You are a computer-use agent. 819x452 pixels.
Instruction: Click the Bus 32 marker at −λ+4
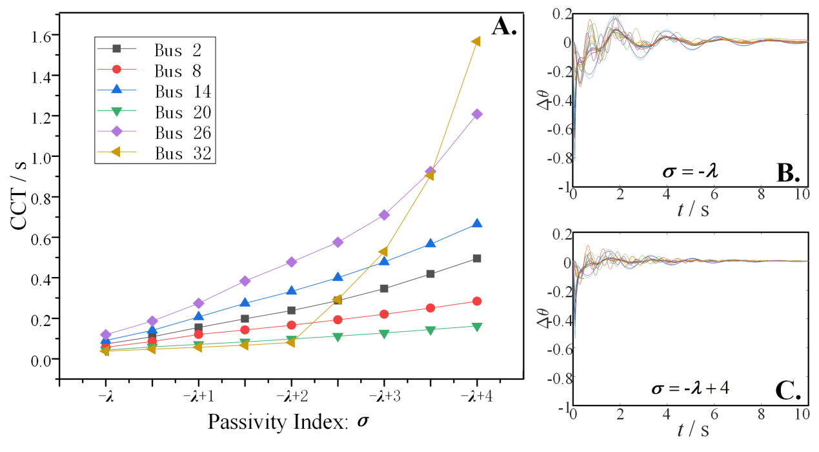click(476, 41)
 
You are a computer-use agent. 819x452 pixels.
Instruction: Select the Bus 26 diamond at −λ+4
click(477, 114)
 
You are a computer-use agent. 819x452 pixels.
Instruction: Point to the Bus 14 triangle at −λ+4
click(477, 223)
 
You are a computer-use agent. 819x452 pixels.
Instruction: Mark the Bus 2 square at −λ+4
click(477, 258)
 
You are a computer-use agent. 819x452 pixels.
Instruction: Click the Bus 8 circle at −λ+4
click(477, 301)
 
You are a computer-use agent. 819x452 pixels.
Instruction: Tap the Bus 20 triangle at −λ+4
click(477, 327)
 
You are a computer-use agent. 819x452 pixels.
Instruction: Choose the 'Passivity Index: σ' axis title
click(291, 422)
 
